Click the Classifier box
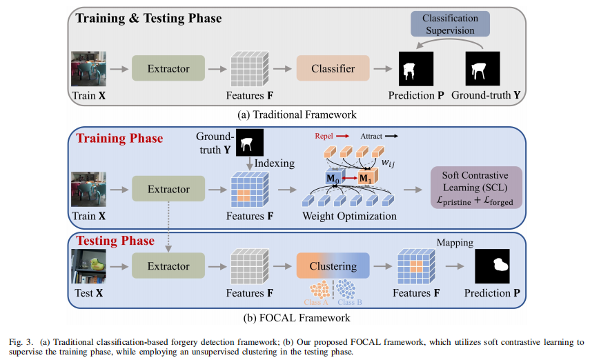333,69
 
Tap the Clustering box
333,266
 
